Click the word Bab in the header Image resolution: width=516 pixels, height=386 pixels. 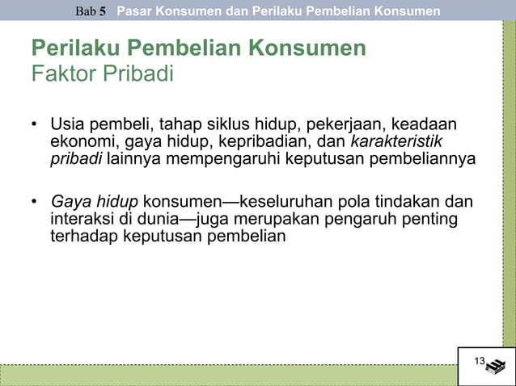coord(86,11)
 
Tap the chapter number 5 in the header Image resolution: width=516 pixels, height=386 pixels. coord(103,11)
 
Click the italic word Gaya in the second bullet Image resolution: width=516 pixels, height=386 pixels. coord(70,202)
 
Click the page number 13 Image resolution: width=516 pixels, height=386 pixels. coord(479,360)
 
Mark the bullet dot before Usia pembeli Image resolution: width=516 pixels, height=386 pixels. coord(35,126)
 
